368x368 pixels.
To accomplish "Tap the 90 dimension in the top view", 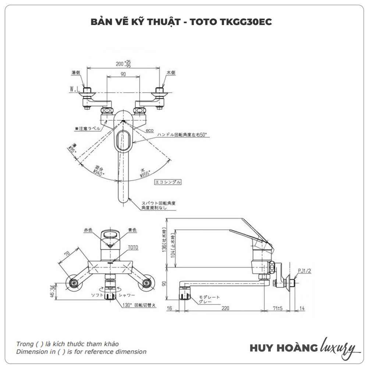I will point(123,74).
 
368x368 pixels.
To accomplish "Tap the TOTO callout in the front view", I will point(133,248).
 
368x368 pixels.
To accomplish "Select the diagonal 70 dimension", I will point(67,254).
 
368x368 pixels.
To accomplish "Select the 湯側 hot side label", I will point(76,73).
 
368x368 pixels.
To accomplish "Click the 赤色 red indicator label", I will point(88,230).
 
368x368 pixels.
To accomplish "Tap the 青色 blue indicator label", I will point(132,230).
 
